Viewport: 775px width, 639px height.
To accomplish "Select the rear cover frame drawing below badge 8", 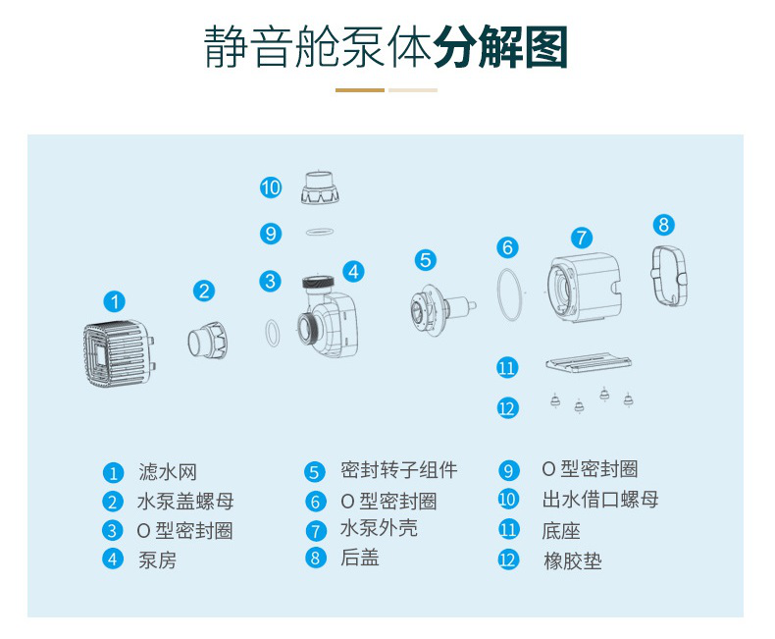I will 667,272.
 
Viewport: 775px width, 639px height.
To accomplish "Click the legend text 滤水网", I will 167,473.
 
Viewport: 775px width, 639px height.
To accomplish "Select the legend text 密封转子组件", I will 399,470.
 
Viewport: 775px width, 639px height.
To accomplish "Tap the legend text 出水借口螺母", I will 599,500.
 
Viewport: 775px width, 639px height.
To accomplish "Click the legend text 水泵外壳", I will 379,529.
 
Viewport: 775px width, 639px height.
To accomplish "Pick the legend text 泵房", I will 157,560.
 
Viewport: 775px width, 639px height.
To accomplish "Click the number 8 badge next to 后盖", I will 315,559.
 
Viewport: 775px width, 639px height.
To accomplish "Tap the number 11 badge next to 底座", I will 508,530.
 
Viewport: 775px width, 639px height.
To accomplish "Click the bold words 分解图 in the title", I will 501,47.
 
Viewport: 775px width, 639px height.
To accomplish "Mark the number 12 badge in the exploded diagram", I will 507,406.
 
